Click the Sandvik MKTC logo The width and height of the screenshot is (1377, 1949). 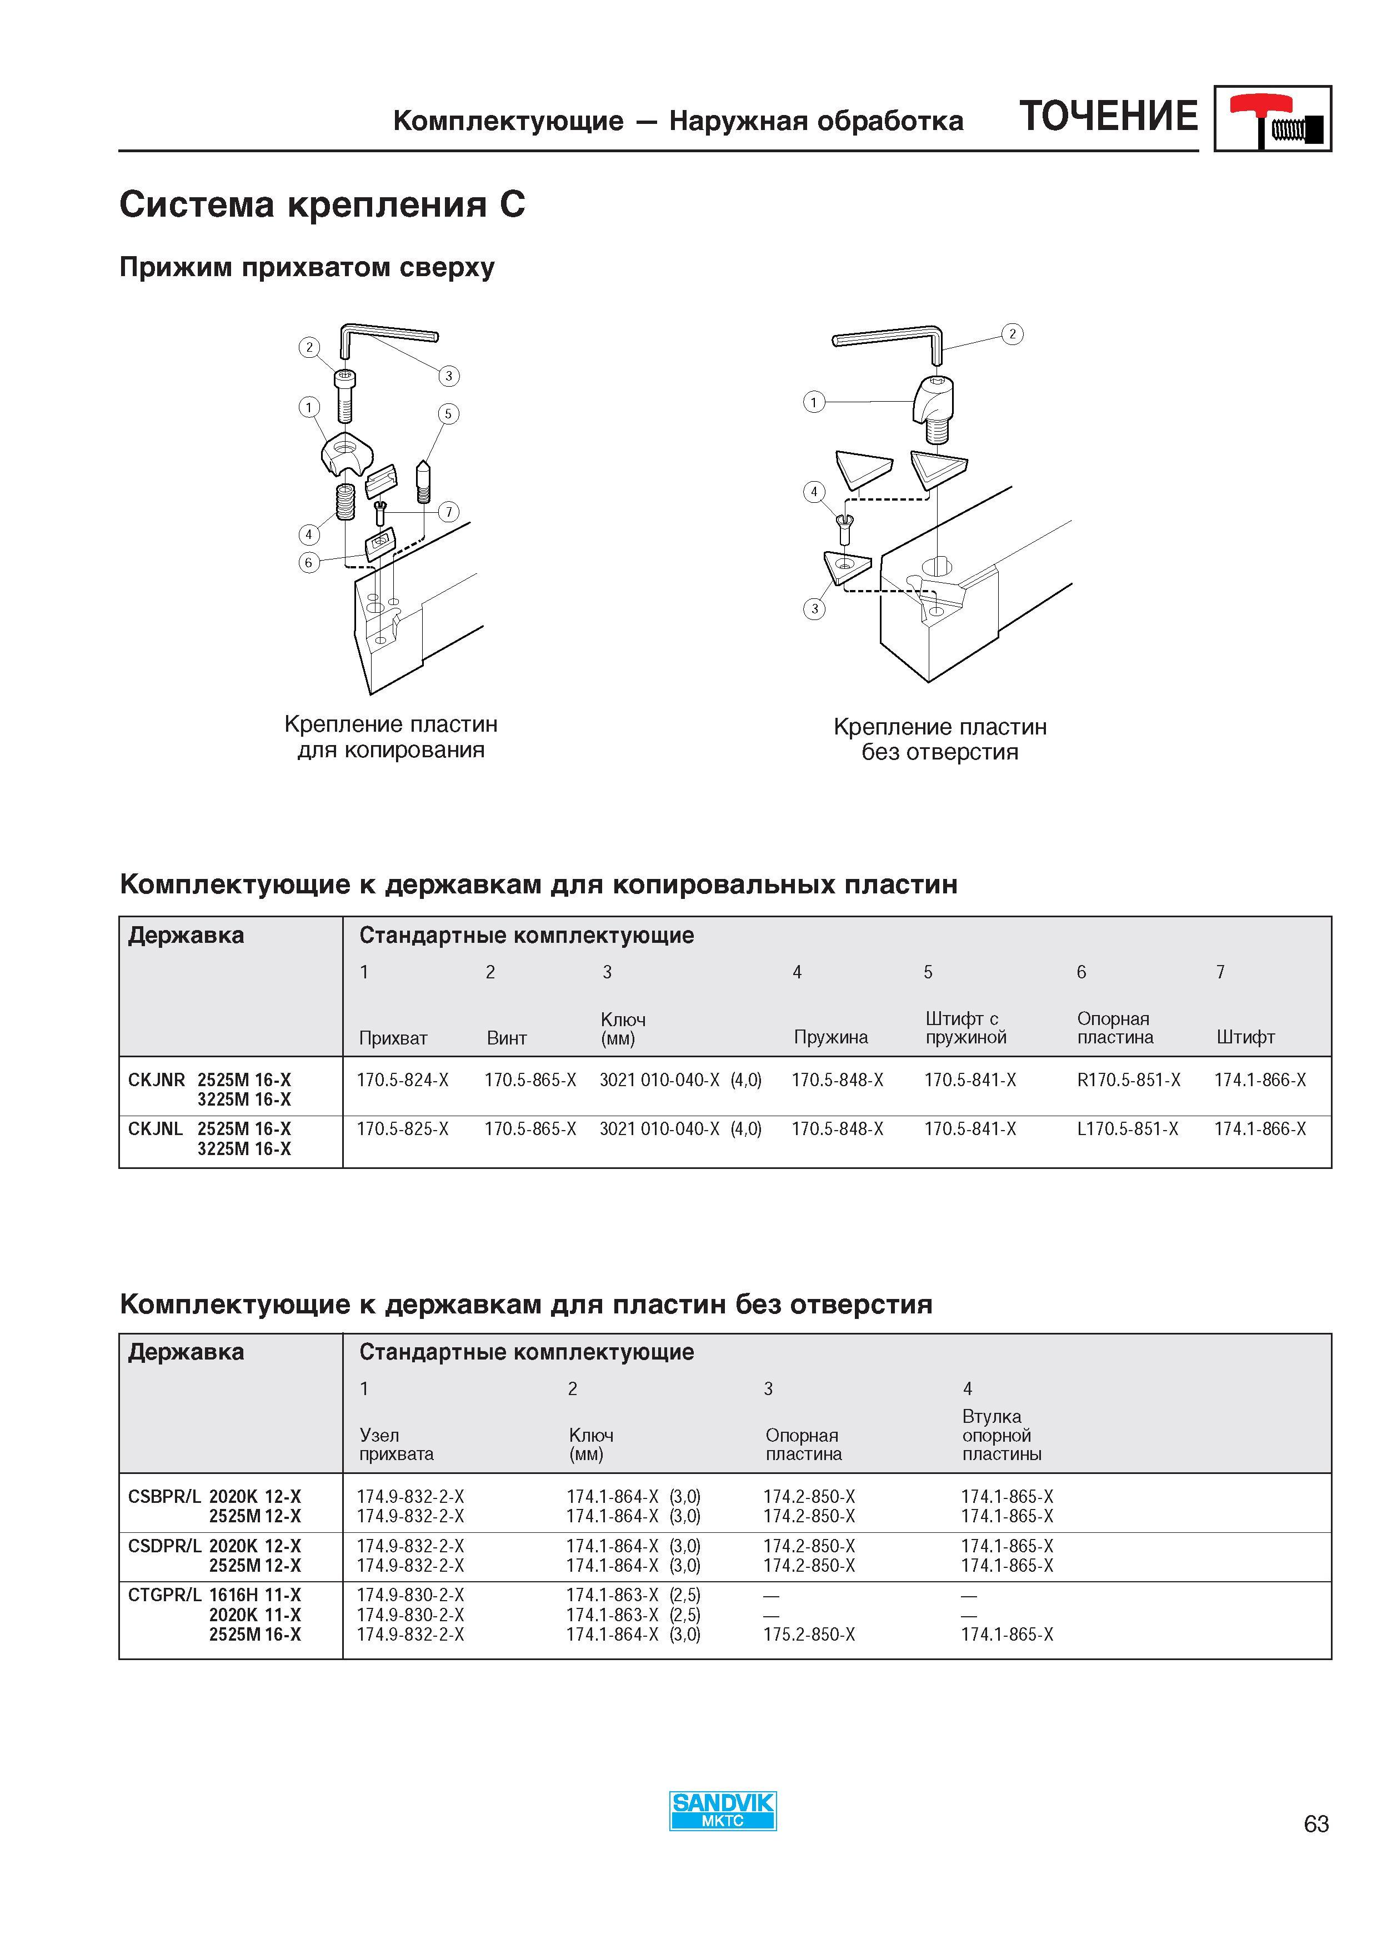coord(723,1811)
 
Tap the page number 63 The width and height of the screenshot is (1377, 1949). coord(1316,1824)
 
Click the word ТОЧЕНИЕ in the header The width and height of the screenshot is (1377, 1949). coord(1109,116)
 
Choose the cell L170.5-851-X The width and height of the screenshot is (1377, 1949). coord(1128,1129)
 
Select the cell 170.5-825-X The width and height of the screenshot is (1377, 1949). coord(402,1129)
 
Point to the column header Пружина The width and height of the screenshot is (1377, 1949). coord(830,1037)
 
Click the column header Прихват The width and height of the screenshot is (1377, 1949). coord(393,1038)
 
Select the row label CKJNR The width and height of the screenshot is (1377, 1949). coord(156,1080)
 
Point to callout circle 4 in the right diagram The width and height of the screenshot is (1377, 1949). coord(814,492)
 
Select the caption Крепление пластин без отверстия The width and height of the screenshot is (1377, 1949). coord(940,739)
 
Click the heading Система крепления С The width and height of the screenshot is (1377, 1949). coord(322,204)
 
